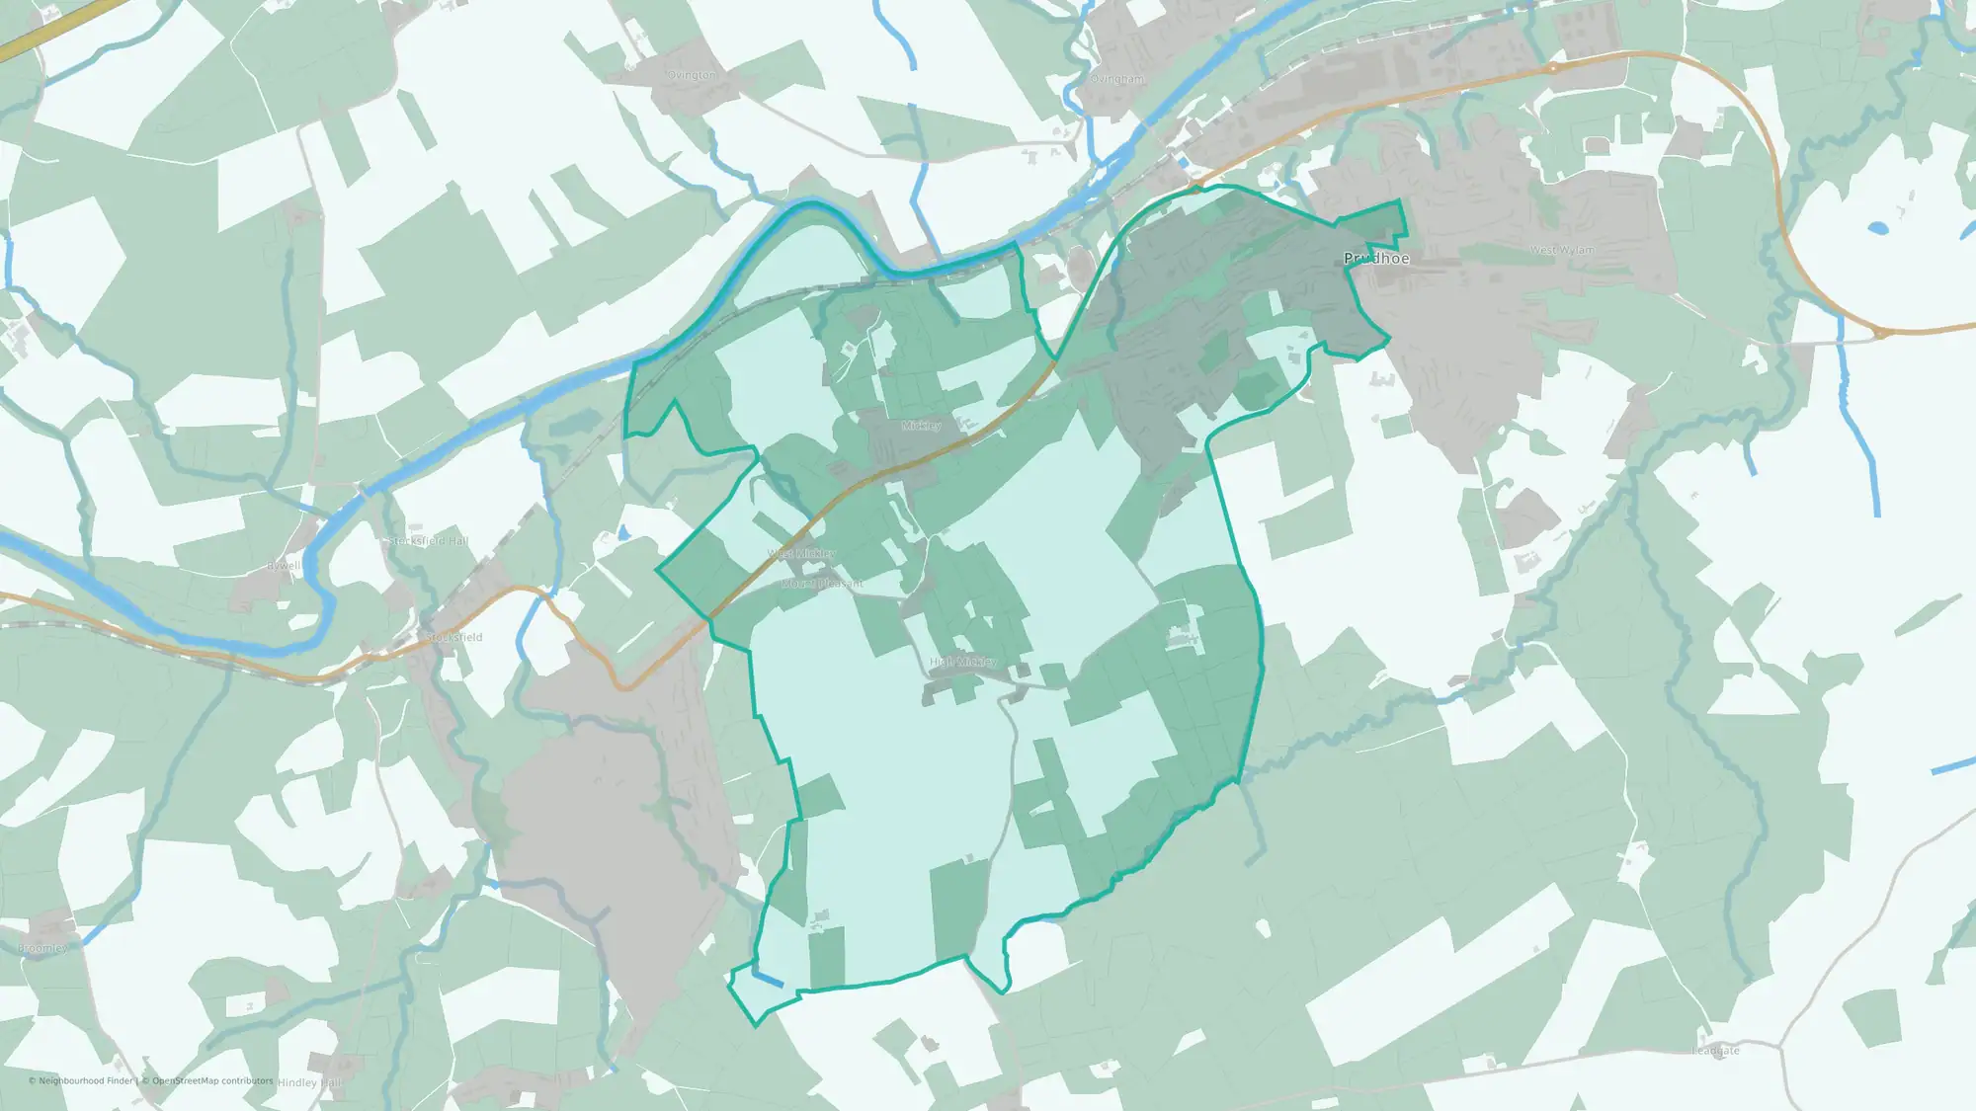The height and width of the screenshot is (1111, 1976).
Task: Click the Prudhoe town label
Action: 1376,259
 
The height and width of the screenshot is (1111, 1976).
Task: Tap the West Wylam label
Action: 1562,251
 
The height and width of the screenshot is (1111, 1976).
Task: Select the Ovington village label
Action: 692,76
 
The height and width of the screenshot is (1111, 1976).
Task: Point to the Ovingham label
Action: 1117,79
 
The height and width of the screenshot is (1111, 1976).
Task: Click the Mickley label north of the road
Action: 921,426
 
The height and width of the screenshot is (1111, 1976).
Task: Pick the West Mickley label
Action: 801,554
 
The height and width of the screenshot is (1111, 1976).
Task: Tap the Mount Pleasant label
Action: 822,584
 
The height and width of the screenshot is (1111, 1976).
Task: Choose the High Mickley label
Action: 963,662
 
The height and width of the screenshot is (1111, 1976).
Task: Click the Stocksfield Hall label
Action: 428,541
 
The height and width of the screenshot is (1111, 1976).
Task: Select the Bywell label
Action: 284,566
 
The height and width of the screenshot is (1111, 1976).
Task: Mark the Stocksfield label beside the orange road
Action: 454,637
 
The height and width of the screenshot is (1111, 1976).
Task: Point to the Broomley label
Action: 42,948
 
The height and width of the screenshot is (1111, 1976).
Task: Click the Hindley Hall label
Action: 309,1082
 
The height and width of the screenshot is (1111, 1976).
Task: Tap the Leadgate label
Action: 1715,1051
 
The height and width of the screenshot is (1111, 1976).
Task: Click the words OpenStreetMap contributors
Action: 212,1080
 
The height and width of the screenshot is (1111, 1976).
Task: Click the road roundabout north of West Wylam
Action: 1553,67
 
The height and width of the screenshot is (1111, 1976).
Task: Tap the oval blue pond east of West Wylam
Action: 1878,228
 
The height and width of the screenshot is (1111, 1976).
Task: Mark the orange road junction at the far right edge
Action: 1882,334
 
